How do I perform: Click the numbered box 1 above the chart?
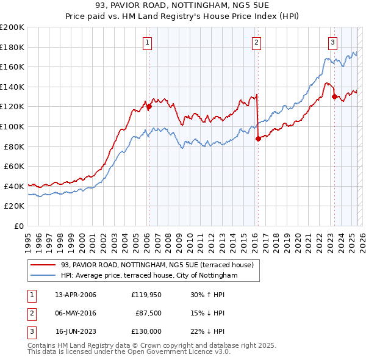[x=148, y=42]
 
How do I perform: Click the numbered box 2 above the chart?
[x=256, y=42]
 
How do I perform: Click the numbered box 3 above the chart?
[x=332, y=42]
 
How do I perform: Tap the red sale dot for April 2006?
[x=149, y=107]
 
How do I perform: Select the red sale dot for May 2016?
[x=258, y=139]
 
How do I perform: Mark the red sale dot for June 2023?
[x=334, y=96]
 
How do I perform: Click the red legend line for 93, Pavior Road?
[x=43, y=265]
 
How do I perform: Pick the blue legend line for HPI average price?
[x=43, y=275]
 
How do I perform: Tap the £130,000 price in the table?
[x=146, y=331]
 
